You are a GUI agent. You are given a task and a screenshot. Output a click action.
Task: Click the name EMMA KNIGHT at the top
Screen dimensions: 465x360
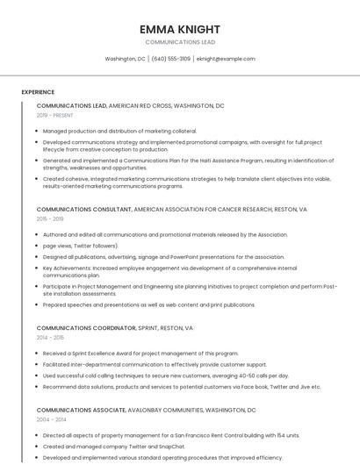179,29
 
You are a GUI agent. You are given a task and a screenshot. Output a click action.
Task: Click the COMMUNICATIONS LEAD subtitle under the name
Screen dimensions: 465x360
179,42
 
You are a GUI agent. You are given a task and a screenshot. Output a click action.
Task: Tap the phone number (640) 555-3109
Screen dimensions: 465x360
170,59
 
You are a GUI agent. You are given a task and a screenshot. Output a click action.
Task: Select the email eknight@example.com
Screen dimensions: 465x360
226,59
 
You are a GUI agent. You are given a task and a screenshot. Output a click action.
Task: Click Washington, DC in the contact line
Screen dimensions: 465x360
125,59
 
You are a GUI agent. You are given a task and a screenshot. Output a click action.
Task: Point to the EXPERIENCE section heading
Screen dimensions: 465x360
38,92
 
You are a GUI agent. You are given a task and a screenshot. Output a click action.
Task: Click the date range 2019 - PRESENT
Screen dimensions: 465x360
55,115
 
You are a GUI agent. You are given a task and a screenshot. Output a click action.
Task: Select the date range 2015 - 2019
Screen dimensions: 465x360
50,218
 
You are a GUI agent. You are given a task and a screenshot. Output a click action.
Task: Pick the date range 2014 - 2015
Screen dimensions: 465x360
50,337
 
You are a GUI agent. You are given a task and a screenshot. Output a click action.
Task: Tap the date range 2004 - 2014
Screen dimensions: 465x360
50,419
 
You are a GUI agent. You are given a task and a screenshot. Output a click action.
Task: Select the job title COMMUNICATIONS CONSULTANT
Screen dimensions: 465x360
83,210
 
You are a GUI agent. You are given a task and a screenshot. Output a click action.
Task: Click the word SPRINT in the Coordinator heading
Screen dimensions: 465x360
148,328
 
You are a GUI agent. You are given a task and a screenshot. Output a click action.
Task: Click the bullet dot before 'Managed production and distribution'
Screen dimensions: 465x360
39,131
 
